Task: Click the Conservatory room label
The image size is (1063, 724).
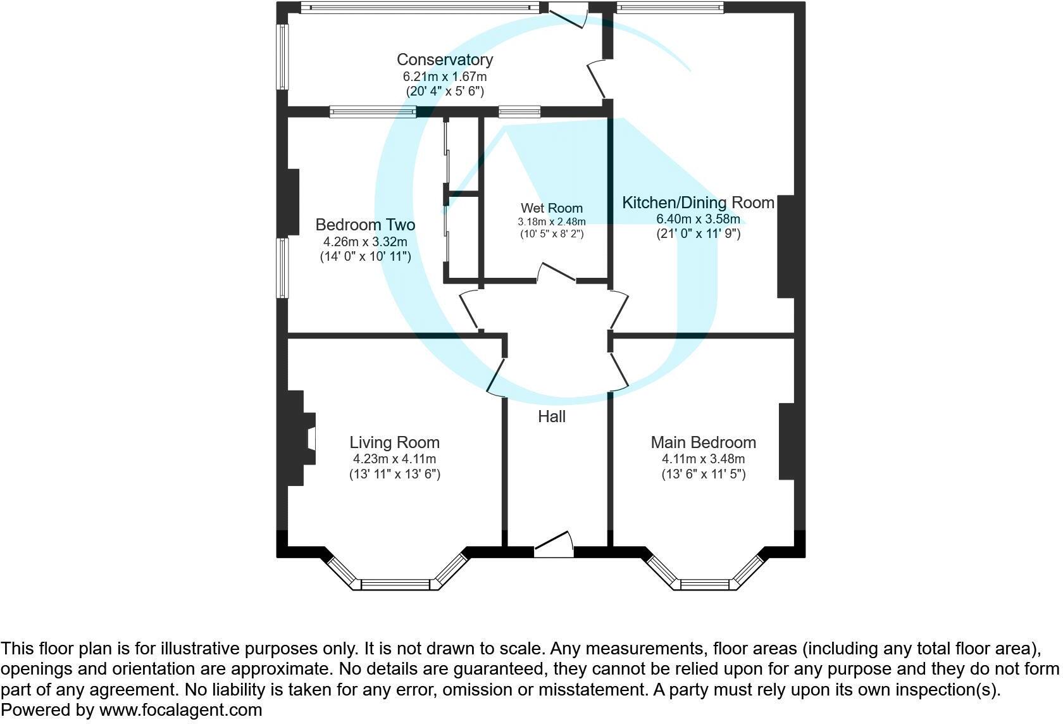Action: (444, 59)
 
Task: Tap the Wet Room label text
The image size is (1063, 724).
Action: (551, 208)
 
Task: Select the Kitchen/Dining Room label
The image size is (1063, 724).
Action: (698, 203)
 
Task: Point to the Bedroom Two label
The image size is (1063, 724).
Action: (365, 225)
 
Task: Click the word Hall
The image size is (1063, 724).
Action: (551, 416)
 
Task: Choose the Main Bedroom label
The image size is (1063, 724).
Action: (703, 442)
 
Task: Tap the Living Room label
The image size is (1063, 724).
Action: (394, 442)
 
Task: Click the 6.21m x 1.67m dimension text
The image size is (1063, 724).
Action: (444, 77)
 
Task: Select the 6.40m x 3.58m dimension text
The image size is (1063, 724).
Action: (698, 219)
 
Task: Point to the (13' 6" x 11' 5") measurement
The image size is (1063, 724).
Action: (703, 474)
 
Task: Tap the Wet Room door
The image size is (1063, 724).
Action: (557, 273)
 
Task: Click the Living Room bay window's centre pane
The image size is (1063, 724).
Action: (395, 584)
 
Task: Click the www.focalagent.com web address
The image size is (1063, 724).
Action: (180, 710)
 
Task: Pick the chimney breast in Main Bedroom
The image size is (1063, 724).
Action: (786, 441)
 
